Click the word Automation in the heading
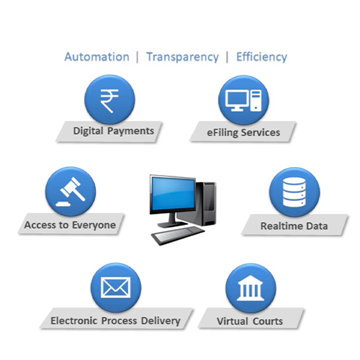(x=97, y=57)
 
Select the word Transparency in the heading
(x=183, y=58)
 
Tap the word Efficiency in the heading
(x=262, y=57)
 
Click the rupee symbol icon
(x=109, y=101)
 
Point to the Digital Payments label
(x=114, y=131)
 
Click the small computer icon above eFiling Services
(x=243, y=101)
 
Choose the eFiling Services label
(x=243, y=132)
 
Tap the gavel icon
(x=71, y=192)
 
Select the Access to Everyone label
(x=70, y=225)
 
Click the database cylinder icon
(x=294, y=193)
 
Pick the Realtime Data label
(x=294, y=226)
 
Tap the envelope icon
(x=116, y=287)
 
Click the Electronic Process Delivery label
(x=115, y=321)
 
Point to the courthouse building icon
(x=251, y=288)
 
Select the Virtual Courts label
(x=250, y=321)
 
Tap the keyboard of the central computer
(x=178, y=235)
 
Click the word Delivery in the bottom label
(x=161, y=321)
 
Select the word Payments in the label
(x=130, y=131)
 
